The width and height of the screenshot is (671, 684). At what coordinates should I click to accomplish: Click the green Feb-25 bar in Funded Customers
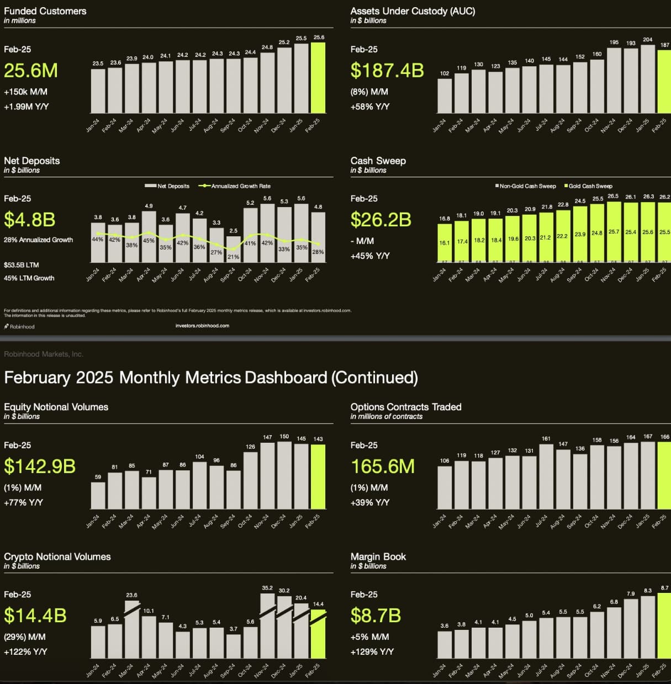[x=318, y=78]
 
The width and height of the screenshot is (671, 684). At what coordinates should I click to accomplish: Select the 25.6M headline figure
[x=31, y=71]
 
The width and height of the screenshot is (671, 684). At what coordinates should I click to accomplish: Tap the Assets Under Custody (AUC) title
[x=413, y=11]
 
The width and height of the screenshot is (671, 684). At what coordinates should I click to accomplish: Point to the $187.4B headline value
[x=387, y=71]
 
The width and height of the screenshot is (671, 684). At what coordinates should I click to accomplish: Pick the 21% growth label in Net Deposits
[x=233, y=257]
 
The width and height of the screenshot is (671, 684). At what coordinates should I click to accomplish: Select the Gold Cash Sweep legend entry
[x=590, y=186]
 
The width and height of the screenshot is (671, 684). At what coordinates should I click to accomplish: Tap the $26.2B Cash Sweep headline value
[x=381, y=220]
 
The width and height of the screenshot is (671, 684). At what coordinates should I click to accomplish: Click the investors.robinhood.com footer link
[x=202, y=326]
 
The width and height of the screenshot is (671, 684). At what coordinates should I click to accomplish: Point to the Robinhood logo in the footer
[x=19, y=327]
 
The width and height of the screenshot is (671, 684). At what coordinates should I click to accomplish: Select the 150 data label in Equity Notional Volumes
[x=284, y=436]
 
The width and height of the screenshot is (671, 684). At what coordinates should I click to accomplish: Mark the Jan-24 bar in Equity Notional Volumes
[x=98, y=495]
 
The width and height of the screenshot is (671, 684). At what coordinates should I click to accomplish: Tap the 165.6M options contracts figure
[x=383, y=466]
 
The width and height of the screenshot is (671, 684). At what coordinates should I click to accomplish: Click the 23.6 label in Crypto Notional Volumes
[x=131, y=595]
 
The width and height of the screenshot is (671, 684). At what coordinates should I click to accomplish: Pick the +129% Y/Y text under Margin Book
[x=372, y=652]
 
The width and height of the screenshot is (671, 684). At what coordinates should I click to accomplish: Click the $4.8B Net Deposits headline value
[x=30, y=220]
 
